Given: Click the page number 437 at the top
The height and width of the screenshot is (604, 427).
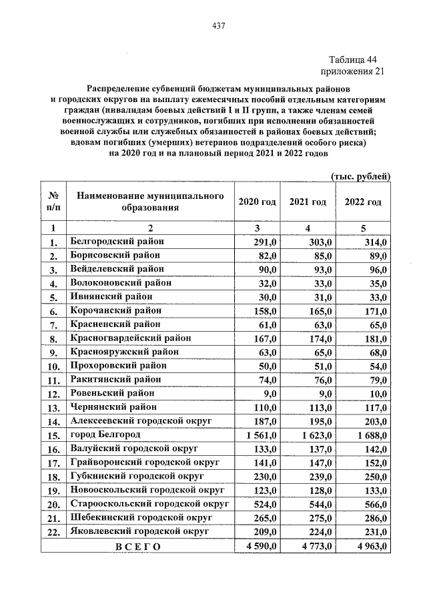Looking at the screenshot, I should (x=218, y=26).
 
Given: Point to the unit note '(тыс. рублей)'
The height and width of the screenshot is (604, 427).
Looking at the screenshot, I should (x=360, y=176).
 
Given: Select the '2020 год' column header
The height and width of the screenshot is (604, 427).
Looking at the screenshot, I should (x=257, y=202).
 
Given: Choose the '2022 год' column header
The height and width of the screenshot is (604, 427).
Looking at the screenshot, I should (x=362, y=202).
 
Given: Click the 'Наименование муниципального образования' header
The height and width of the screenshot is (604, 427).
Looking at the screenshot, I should (x=149, y=202).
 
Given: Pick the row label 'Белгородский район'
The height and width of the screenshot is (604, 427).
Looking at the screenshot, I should (x=117, y=242).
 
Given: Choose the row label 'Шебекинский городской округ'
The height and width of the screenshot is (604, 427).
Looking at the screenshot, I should (x=141, y=517).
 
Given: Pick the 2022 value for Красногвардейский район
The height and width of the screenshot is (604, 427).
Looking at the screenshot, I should (x=374, y=339).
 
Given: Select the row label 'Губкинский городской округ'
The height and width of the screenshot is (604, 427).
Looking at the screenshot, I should (x=135, y=476).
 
